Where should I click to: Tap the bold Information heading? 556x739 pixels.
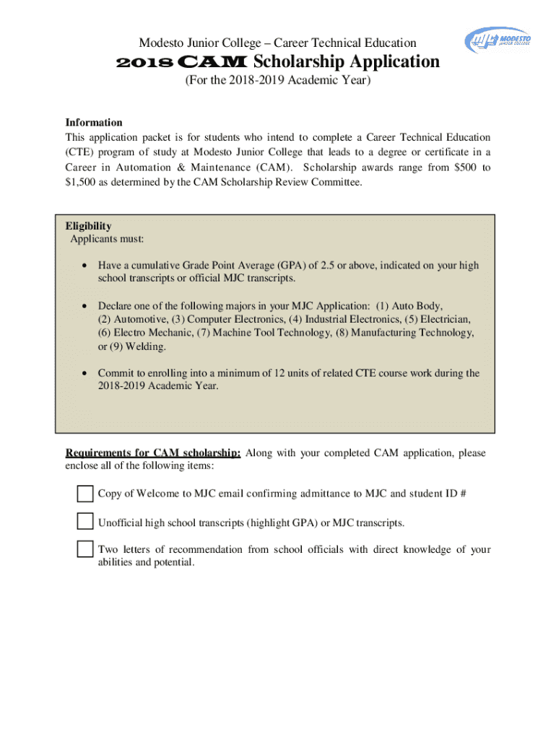94,123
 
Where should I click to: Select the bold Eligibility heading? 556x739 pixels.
88,226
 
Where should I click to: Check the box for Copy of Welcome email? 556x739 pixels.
85,494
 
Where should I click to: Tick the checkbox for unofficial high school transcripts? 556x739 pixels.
85,521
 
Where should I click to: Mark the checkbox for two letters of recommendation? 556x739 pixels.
85,548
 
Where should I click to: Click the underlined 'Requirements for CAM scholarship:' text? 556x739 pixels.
153,453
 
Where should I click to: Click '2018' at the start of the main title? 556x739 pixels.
144,63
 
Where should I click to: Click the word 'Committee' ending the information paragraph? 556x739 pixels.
334,182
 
